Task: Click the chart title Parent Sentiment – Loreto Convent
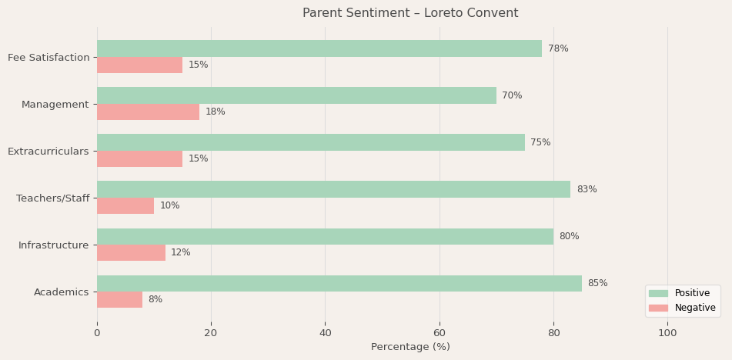point(410,13)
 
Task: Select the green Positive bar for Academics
point(339,283)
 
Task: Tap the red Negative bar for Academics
point(119,300)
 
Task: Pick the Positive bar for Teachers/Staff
point(333,189)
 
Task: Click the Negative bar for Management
point(148,112)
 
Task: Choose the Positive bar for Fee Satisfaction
point(319,48)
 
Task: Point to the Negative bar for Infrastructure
point(131,253)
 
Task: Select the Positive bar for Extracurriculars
point(311,142)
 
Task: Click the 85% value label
point(597,284)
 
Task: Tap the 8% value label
point(155,300)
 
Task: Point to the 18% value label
point(215,112)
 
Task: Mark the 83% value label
point(587,190)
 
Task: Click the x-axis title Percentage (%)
point(410,347)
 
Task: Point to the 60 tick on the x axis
point(440,333)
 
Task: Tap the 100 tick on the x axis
point(667,333)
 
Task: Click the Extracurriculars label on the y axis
point(48,152)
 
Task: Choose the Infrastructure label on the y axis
point(54,245)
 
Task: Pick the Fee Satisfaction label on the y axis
point(48,58)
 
